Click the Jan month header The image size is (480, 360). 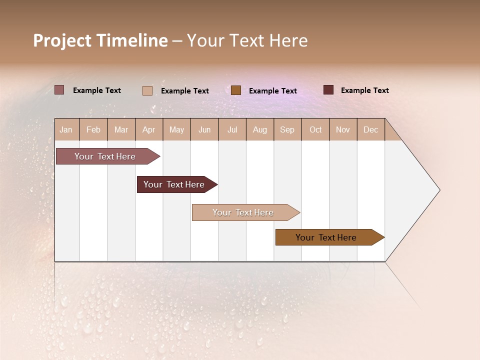pos(66,129)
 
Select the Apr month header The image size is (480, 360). pos(148,129)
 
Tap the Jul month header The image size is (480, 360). pos(232,129)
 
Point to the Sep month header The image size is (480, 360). pos(287,129)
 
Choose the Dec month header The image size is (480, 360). pos(370,129)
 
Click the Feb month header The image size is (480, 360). pos(93,129)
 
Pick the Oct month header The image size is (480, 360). pos(315,129)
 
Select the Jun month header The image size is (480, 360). pos(204,129)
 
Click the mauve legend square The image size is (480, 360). pos(59,90)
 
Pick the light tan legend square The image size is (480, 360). pos(147,90)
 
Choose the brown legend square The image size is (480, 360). pos(236,90)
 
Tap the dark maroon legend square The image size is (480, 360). pos(328,90)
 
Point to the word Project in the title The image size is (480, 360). pos(62,40)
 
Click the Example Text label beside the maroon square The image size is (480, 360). pos(364,90)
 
